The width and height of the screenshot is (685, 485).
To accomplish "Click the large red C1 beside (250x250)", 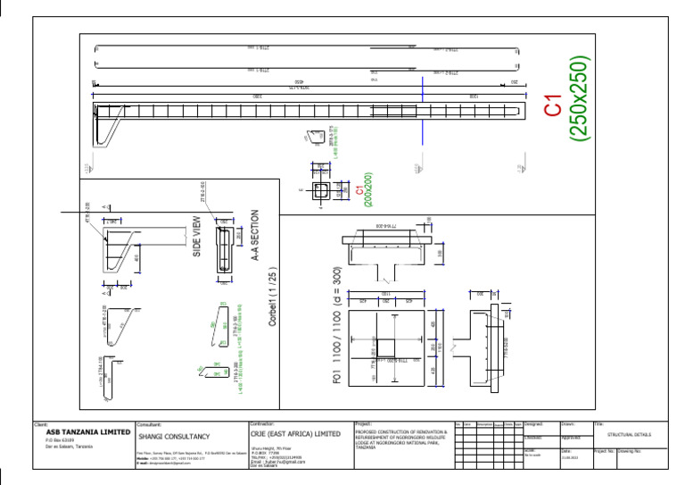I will click(553, 105).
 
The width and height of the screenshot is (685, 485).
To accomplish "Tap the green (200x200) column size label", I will click(367, 189).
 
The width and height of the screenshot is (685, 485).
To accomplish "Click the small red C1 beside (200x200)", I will click(359, 190).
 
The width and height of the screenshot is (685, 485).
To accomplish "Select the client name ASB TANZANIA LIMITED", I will click(87, 432).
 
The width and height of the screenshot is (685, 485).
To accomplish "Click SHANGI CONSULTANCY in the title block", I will click(174, 437).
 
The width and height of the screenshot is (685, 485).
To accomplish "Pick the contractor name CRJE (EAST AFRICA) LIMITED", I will click(295, 433).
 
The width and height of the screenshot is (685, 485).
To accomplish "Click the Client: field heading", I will click(40, 423).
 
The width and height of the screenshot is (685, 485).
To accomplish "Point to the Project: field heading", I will click(363, 423).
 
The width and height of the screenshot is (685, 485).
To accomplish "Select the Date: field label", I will click(565, 450).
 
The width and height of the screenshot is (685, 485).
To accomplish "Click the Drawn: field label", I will click(569, 423).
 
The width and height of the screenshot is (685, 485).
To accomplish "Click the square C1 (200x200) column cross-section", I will click(321, 190).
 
